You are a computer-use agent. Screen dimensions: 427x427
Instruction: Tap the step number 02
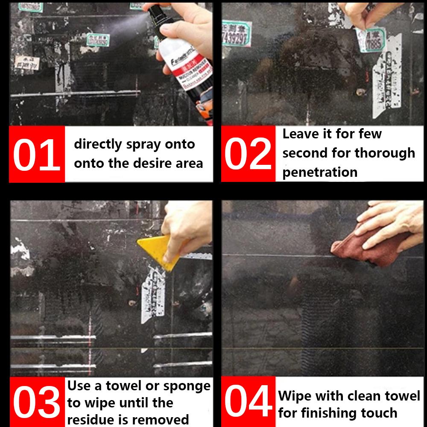248,154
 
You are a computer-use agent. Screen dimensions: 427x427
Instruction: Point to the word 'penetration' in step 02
320,173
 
